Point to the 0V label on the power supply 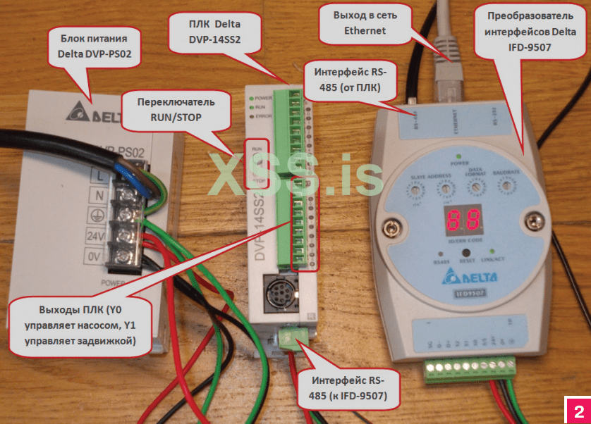click(x=96, y=256)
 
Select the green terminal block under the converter click(x=471, y=370)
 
